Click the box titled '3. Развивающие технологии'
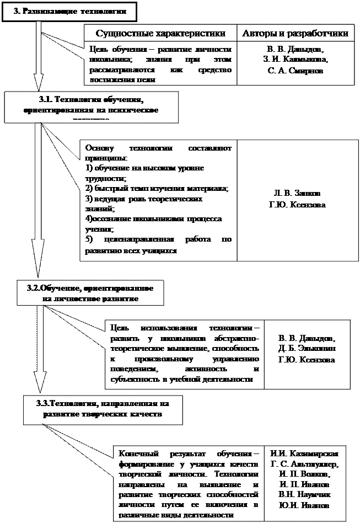coord(69,10)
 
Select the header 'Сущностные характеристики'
coord(160,33)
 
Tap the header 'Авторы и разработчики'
coord(295,33)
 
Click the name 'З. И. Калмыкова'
coord(295,60)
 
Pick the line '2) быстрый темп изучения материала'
coord(157,188)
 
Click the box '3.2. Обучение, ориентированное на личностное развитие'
coord(90,293)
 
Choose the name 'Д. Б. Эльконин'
coord(307,349)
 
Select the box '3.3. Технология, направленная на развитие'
coord(103,409)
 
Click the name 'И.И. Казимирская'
coord(305,454)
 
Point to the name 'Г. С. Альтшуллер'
coord(305,464)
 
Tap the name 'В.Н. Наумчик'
coord(305,494)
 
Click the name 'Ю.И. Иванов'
coord(305,505)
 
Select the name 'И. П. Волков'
coord(305,474)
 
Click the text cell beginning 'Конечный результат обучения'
coord(189,484)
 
